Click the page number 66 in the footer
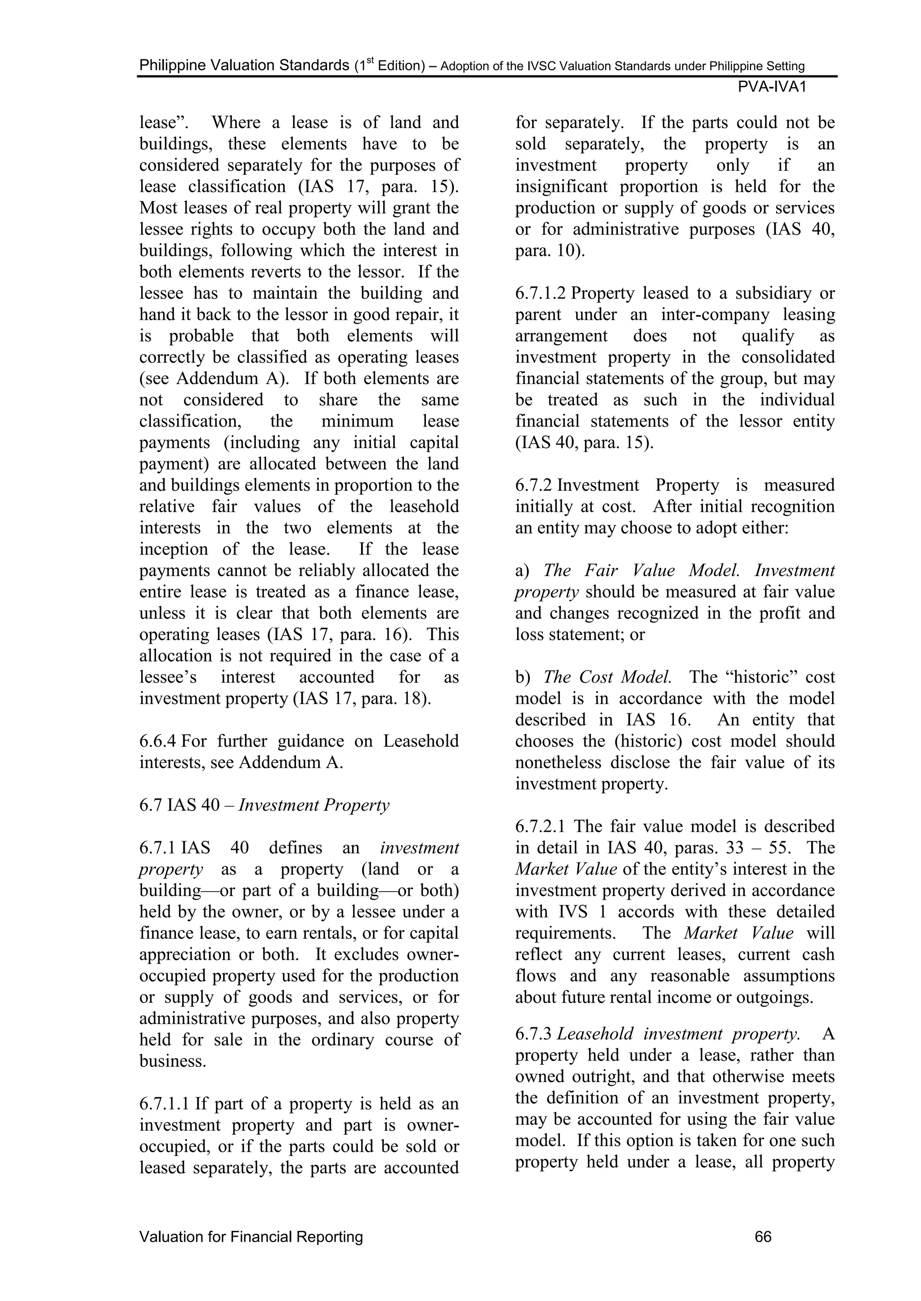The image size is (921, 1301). (763, 1236)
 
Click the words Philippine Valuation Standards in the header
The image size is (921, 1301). (244, 66)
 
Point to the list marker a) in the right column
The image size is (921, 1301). (521, 571)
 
